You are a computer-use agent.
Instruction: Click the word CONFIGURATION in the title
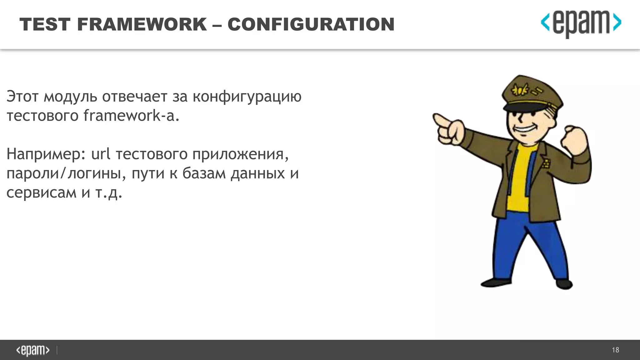point(311,24)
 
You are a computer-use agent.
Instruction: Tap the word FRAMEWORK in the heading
point(142,24)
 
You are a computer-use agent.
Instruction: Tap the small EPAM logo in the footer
point(33,350)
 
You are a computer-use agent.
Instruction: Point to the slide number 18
point(615,350)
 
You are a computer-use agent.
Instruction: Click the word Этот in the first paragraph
point(22,96)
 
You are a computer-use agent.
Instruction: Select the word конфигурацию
point(247,97)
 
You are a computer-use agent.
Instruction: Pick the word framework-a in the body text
point(131,116)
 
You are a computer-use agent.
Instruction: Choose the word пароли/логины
point(64,174)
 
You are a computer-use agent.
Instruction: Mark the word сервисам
point(41,192)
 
